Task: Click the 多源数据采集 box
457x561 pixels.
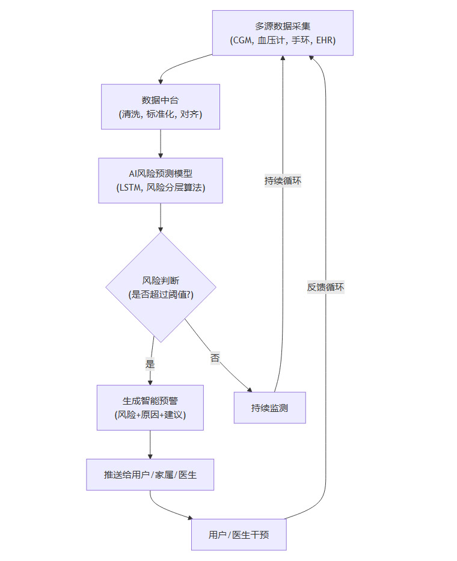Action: click(x=283, y=33)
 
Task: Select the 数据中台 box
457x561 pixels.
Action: click(x=160, y=106)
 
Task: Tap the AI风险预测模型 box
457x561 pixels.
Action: click(x=161, y=180)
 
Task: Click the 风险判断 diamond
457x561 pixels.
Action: click(x=161, y=287)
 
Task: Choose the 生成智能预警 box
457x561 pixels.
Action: click(x=150, y=408)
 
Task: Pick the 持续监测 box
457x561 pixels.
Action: click(x=269, y=408)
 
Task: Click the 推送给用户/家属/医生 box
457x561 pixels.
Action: click(x=150, y=475)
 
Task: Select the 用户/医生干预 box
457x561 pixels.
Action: click(x=239, y=535)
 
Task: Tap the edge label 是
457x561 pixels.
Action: click(x=150, y=364)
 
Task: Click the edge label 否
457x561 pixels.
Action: click(x=215, y=358)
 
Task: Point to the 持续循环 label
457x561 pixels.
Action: click(x=283, y=180)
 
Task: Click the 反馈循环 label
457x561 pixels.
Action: click(x=325, y=287)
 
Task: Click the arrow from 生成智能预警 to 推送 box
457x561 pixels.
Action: click(x=150, y=445)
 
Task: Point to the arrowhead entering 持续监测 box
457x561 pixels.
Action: click(x=250, y=389)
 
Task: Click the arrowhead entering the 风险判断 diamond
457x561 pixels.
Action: click(x=161, y=229)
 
